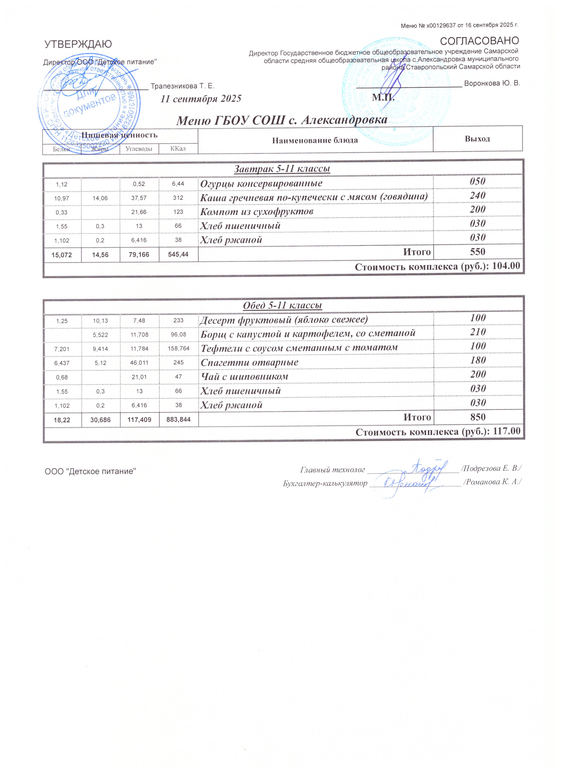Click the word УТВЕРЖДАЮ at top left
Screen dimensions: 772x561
pos(78,44)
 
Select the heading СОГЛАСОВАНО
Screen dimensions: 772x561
pos(479,41)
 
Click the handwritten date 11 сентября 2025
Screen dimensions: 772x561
pos(201,99)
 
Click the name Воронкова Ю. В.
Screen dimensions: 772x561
pos(492,83)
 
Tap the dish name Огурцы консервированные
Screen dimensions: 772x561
pos(261,183)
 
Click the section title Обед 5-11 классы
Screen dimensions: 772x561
pos(282,305)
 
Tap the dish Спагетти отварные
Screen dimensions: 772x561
pos(249,362)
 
